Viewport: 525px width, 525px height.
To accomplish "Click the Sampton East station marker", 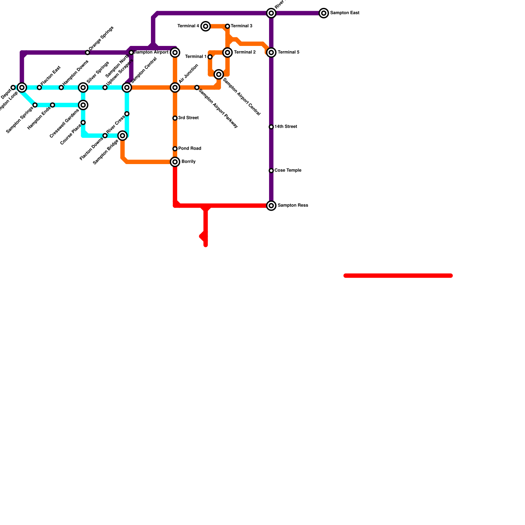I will (324, 13).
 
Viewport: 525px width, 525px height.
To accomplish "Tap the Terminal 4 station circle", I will (206, 26).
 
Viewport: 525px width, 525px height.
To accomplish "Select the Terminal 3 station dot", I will (227, 26).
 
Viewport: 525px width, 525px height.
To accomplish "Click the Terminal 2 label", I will (244, 52).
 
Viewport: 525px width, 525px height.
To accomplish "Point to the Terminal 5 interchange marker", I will (271, 52).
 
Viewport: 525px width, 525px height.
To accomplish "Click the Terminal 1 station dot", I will (210, 57).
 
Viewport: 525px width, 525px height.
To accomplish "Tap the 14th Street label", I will (285, 127).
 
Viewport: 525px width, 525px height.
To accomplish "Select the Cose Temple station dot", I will (271, 171).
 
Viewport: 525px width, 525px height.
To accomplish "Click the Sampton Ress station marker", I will (271, 206).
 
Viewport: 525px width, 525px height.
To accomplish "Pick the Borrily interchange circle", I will (175, 162).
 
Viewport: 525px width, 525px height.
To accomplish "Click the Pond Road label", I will (189, 149).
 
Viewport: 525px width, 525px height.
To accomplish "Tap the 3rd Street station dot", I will (175, 118).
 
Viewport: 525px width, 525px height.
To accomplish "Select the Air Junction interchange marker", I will (175, 88).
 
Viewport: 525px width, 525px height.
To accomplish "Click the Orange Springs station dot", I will (87, 52).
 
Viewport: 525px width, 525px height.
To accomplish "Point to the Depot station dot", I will (13, 88).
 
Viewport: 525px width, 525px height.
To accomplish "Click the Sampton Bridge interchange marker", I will (122, 136).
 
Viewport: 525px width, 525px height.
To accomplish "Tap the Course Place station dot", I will (83, 123).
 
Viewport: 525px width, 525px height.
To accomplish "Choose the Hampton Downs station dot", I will (61, 88).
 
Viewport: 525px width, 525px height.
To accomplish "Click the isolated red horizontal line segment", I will (398, 276).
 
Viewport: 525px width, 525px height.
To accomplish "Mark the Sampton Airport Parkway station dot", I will (197, 88).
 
